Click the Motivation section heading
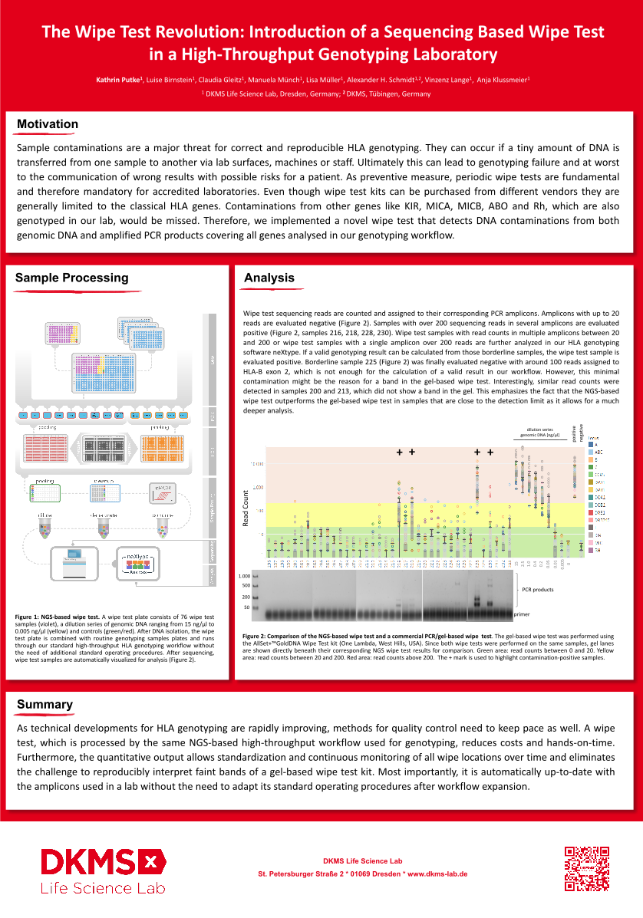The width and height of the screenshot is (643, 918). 48,124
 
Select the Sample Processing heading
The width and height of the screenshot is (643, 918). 72,278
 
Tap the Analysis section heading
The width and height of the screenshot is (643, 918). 269,278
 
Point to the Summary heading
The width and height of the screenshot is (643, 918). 45,704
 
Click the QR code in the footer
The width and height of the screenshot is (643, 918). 587,868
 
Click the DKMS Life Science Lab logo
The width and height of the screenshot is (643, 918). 104,870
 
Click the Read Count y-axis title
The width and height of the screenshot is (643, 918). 246,507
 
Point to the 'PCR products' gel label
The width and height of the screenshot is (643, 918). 537,590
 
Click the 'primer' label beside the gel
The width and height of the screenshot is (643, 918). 523,614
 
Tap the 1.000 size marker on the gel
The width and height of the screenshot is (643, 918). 245,576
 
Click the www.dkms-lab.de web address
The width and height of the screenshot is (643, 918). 437,874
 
